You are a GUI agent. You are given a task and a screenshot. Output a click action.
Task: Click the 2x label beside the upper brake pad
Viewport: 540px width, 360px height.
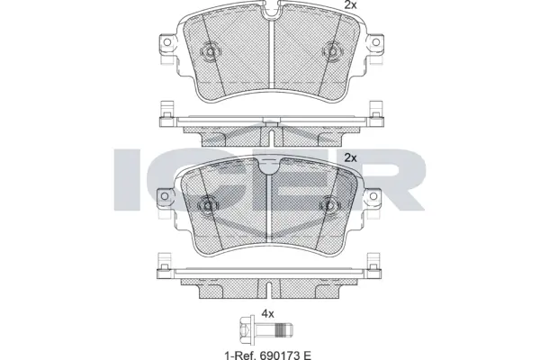350,5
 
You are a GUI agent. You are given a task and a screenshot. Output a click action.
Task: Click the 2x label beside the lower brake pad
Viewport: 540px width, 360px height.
350,157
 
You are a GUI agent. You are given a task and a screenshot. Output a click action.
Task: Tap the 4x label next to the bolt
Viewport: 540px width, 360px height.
267,313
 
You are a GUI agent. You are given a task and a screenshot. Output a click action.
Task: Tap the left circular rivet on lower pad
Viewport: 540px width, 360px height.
208,205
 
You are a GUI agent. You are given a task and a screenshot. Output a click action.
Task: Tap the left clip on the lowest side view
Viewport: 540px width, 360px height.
165,264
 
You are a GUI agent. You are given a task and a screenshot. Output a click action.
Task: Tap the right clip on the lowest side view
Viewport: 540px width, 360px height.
373,264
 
